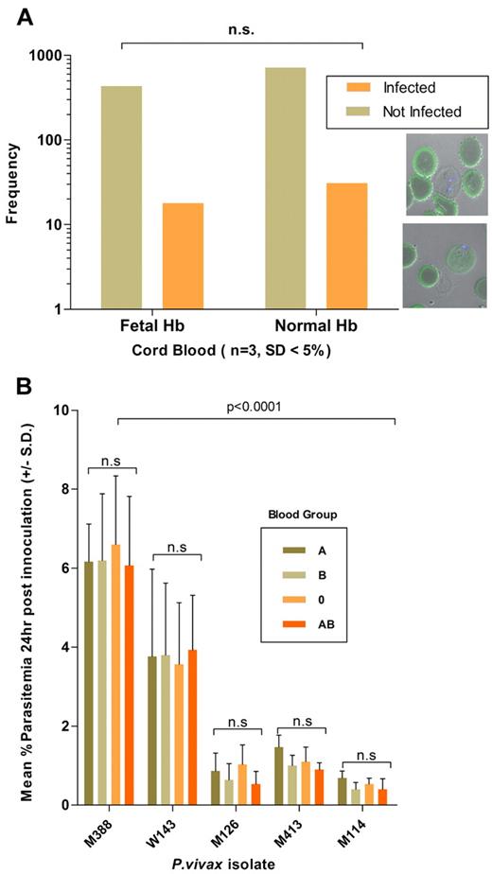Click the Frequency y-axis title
[x=13, y=182]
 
